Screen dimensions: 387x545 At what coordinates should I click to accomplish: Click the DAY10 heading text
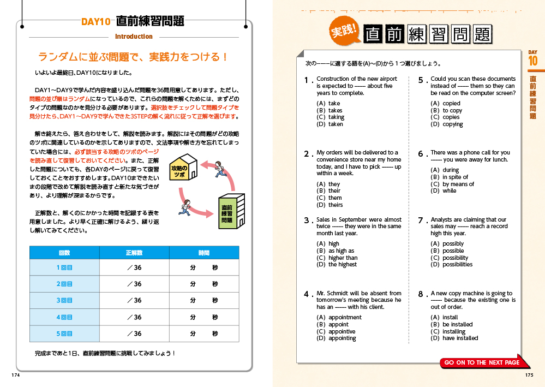tap(96, 22)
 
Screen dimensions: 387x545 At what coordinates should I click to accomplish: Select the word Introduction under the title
tap(134, 37)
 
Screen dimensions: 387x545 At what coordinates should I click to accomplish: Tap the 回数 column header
tap(64, 253)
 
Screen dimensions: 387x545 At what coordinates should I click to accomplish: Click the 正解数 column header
tap(134, 253)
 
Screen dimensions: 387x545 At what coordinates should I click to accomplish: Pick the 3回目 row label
tap(64, 300)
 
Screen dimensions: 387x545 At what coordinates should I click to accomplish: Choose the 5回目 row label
tap(64, 334)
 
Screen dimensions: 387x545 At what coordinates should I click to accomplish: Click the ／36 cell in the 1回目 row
tap(134, 267)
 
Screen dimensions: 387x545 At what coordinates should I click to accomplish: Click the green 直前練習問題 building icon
tap(227, 213)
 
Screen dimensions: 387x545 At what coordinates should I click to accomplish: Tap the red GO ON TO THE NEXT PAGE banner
tap(483, 362)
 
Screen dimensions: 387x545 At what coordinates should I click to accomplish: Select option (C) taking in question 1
tap(331, 117)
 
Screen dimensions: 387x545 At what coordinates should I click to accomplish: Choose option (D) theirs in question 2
tap(330, 205)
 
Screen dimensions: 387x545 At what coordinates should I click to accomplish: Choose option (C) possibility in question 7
tap(450, 258)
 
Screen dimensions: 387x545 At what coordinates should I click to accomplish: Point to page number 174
tap(15, 375)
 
